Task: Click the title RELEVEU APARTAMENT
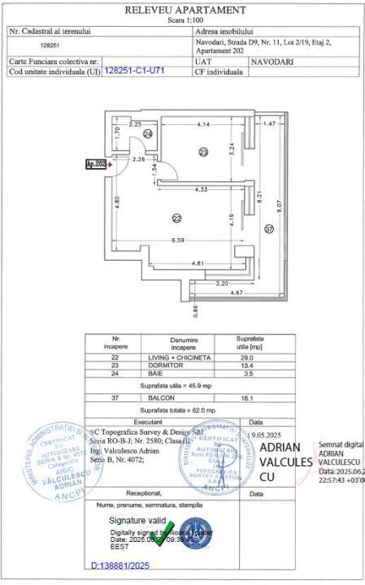pyautogui.click(x=185, y=10)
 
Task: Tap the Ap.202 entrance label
pyautogui.click(x=97, y=164)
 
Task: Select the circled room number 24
pyautogui.click(x=148, y=133)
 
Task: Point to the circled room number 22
pyautogui.click(x=176, y=218)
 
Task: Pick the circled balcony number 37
pyautogui.click(x=269, y=230)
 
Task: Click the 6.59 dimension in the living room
pyautogui.click(x=179, y=240)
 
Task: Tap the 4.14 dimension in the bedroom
pyautogui.click(x=202, y=123)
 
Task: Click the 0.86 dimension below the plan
pyautogui.click(x=195, y=309)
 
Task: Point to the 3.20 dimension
pyautogui.click(x=223, y=284)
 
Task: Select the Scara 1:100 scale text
pyautogui.click(x=185, y=19)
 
